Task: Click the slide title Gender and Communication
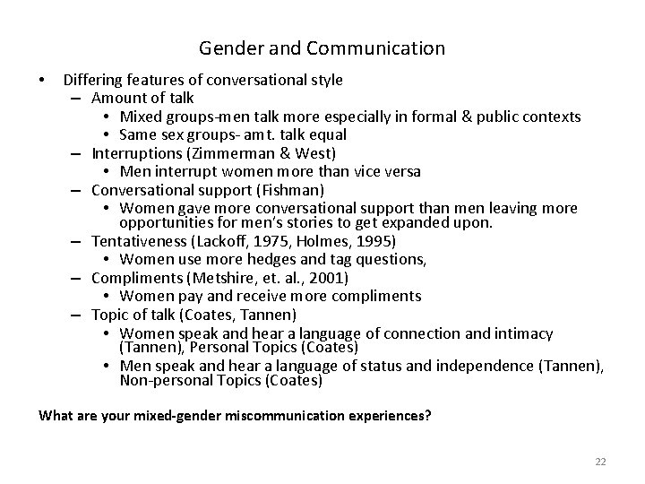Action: [322, 48]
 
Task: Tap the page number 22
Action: [600, 461]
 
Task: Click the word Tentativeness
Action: [134, 241]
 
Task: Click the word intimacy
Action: [522, 333]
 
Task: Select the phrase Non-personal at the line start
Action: [161, 380]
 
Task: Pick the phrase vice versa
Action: [391, 171]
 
